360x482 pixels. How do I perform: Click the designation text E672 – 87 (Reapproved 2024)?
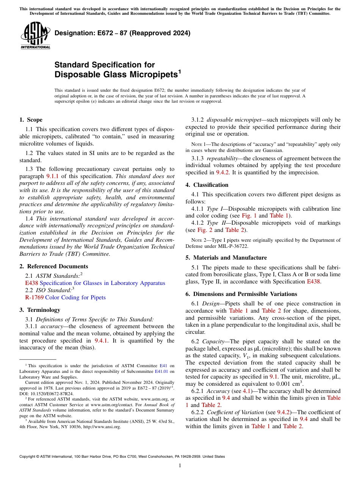pyautogui.click(x=122, y=33)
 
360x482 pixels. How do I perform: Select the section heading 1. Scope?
pyautogui.click(x=31, y=120)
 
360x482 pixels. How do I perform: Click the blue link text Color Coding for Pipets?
pyautogui.click(x=75, y=297)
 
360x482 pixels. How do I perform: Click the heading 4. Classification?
pyautogui.click(x=207, y=185)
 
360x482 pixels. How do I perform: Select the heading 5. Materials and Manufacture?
pyautogui.click(x=226, y=258)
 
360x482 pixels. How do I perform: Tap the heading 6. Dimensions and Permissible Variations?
pyautogui.click(x=241, y=294)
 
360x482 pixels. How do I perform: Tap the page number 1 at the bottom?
pyautogui.click(x=180, y=465)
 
